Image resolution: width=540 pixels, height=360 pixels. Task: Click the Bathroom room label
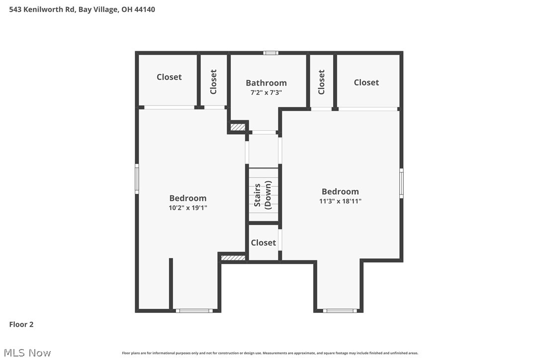(266, 83)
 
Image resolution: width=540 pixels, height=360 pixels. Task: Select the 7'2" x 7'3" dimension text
(266, 92)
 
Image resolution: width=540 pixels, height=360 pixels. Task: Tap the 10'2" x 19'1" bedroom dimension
(187, 208)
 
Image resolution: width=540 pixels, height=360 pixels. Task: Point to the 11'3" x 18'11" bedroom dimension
(340, 201)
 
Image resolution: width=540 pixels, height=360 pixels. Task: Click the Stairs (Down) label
(263, 195)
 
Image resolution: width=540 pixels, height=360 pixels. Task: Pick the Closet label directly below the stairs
(263, 243)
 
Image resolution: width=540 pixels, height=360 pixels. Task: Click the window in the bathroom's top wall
(270, 53)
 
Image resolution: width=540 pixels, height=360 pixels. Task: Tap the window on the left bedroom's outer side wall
(137, 179)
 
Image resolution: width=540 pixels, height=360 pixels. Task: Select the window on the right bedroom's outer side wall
(401, 183)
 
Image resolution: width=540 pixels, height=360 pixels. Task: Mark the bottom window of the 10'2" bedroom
(194, 311)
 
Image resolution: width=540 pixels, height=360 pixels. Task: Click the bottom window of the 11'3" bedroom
(340, 311)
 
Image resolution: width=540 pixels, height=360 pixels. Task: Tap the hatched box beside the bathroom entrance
(238, 127)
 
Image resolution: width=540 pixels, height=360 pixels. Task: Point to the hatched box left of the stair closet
(233, 258)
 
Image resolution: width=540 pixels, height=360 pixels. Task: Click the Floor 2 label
(21, 325)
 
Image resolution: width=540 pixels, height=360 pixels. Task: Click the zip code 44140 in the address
(144, 9)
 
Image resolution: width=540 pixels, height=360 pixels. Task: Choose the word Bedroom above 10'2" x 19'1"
(187, 198)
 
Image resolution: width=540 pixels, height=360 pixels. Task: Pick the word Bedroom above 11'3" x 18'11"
(340, 191)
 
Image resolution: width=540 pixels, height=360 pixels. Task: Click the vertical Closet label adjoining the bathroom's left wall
(213, 82)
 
